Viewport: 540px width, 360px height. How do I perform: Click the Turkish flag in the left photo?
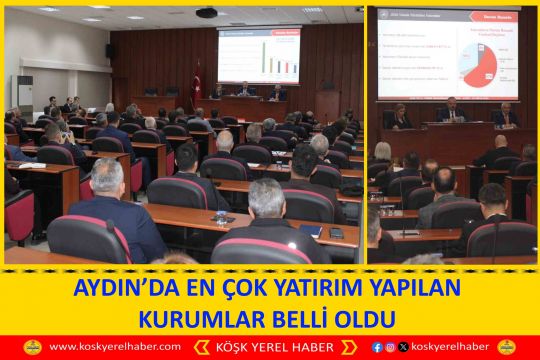click(197, 82)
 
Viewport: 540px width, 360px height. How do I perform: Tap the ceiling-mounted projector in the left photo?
click(207, 13)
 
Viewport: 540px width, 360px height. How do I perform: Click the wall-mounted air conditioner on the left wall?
click(22, 95)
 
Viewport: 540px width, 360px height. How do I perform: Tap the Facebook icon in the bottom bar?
click(377, 347)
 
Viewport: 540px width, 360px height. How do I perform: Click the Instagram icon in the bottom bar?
click(390, 347)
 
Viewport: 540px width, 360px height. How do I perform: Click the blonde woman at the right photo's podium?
click(402, 117)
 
